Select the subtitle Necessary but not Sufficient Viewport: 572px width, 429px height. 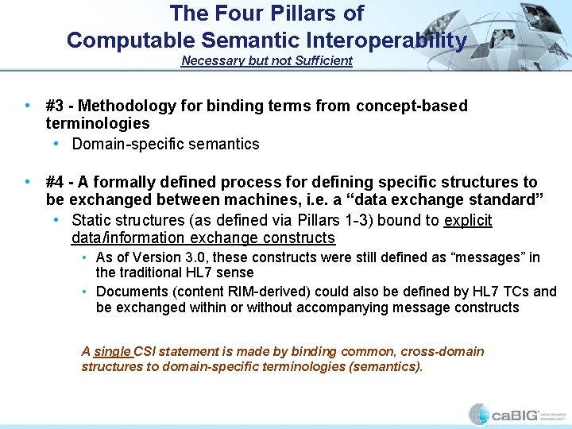pos(266,61)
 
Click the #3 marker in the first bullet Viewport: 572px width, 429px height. pos(55,106)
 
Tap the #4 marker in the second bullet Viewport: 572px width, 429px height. pos(55,182)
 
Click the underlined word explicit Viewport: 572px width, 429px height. pos(468,220)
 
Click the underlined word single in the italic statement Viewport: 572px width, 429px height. pos(112,351)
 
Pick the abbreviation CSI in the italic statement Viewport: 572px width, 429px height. pos(145,351)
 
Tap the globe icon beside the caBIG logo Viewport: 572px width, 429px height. pos(479,414)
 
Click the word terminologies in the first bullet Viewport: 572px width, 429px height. pos(98,123)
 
